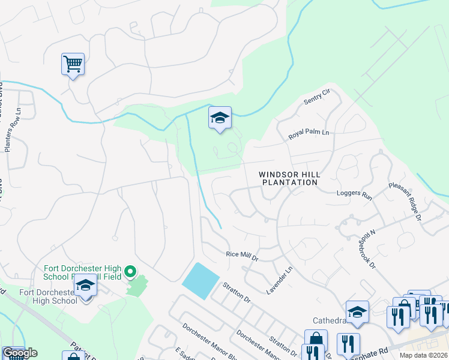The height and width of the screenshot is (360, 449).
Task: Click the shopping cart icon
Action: click(73, 64)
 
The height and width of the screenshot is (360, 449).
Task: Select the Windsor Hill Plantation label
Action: click(289, 178)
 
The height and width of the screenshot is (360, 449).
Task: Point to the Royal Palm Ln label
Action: click(309, 134)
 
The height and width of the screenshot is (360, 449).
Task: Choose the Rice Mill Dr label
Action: click(241, 255)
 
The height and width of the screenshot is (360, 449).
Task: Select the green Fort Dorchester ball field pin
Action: click(130, 273)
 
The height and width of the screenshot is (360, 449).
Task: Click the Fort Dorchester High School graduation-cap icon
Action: click(85, 287)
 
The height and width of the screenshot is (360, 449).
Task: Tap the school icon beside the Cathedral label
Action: click(357, 312)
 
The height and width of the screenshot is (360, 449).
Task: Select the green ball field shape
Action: click(137, 286)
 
